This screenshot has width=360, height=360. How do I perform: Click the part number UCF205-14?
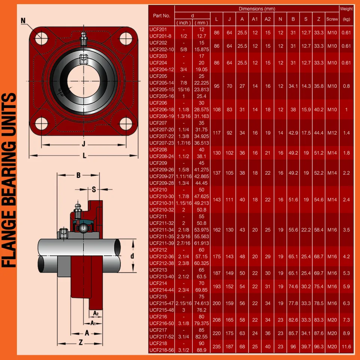[x=161, y=82]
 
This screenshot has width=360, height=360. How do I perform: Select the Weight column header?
[x=346, y=9]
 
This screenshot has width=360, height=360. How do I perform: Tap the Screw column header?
[x=332, y=19]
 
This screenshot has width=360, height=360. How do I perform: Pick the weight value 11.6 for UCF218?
[x=346, y=347]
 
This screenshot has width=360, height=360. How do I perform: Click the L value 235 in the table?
[x=217, y=347]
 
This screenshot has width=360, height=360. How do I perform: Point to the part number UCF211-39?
[x=161, y=243]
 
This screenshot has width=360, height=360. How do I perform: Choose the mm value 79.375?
[x=202, y=323]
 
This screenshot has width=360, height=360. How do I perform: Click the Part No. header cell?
[x=162, y=16]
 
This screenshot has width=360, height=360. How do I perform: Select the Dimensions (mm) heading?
[x=257, y=9]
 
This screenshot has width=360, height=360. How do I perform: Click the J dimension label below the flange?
[x=84, y=143]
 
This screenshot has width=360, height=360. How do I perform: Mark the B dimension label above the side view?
[x=78, y=175]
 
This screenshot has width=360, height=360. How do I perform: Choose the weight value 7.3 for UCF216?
[x=346, y=320]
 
